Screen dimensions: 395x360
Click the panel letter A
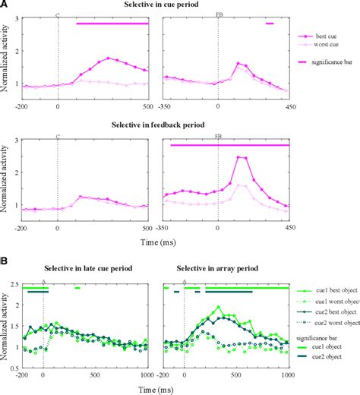click(x=5, y=5)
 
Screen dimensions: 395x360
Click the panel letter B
click(x=5, y=260)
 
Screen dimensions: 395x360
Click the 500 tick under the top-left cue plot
click(x=148, y=106)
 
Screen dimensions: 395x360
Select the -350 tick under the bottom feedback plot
click(x=166, y=228)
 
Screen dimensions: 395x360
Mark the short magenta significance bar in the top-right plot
click(x=269, y=24)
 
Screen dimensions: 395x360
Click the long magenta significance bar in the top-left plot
click(x=112, y=24)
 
